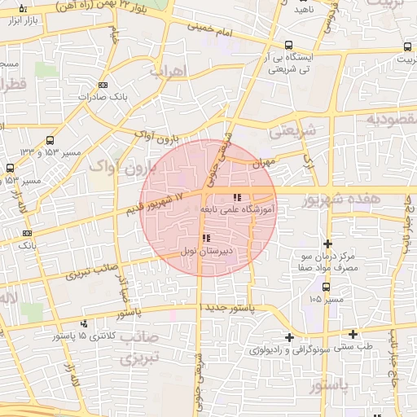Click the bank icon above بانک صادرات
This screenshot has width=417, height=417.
pyautogui.click(x=103, y=85)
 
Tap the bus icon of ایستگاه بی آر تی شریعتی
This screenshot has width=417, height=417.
pyautogui.click(x=288, y=46)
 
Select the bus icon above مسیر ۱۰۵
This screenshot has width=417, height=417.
pyautogui.click(x=327, y=287)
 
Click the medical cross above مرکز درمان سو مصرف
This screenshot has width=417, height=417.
pyautogui.click(x=327, y=244)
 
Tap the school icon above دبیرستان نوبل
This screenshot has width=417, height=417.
pyautogui.click(x=204, y=239)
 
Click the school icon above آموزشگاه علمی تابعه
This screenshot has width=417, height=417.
pyautogui.click(x=237, y=197)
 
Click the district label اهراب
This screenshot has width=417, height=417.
pyautogui.click(x=169, y=72)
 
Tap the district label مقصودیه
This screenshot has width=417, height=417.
pyautogui.click(x=392, y=120)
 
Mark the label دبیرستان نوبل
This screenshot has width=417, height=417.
pyautogui.click(x=208, y=252)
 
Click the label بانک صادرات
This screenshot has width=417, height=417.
pyautogui.click(x=108, y=98)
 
